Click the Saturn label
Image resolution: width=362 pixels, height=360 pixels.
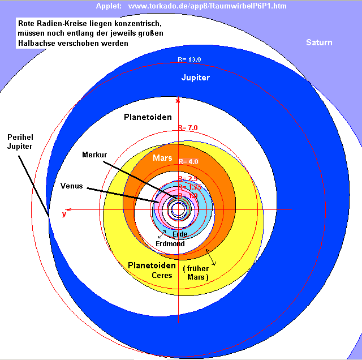(x=319, y=42)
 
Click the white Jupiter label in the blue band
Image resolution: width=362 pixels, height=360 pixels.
(x=196, y=78)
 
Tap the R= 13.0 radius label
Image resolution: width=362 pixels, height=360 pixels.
(x=189, y=59)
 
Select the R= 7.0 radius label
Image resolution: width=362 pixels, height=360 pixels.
(x=188, y=128)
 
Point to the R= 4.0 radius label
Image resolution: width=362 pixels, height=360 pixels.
(x=188, y=162)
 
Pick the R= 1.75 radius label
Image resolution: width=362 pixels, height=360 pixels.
(x=188, y=187)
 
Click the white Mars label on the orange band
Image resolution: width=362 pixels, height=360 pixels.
(x=162, y=158)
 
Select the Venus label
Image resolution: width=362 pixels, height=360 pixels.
(x=72, y=185)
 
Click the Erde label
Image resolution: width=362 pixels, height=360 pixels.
(x=180, y=234)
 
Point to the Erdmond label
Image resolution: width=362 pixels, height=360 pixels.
(x=170, y=243)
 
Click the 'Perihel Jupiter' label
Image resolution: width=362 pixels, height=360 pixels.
(x=20, y=142)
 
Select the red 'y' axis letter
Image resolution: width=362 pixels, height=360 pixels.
(x=64, y=214)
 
